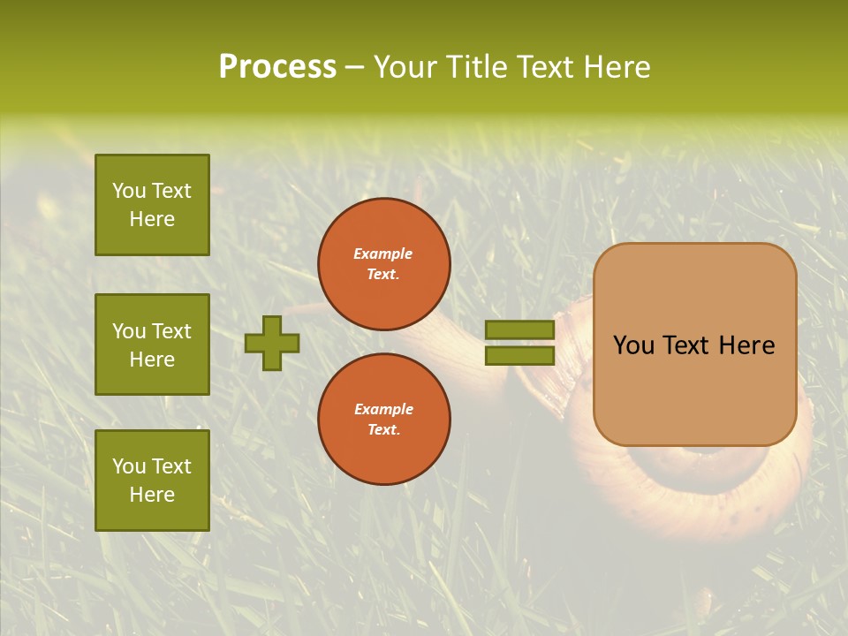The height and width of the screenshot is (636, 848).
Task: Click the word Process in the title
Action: click(277, 67)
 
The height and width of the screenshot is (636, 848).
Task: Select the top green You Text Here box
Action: click(152, 205)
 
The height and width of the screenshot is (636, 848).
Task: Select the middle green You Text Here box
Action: click(152, 344)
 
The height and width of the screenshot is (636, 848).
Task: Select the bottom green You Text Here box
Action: click(152, 481)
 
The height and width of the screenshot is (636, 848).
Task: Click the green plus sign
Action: click(272, 343)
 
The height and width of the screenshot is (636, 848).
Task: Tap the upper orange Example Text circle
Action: click(383, 264)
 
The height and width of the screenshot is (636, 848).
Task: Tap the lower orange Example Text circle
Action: click(383, 420)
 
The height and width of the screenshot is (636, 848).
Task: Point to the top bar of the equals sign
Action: click(519, 329)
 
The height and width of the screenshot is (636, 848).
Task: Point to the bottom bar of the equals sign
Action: click(519, 355)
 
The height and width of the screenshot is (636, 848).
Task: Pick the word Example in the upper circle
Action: click(383, 254)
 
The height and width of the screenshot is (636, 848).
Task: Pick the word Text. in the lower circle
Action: click(383, 430)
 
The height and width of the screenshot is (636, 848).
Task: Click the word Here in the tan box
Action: click(746, 345)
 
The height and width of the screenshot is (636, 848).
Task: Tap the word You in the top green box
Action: click(129, 191)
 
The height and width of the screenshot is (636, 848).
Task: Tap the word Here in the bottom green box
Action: click(152, 495)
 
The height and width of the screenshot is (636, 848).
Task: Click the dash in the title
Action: click(355, 67)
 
